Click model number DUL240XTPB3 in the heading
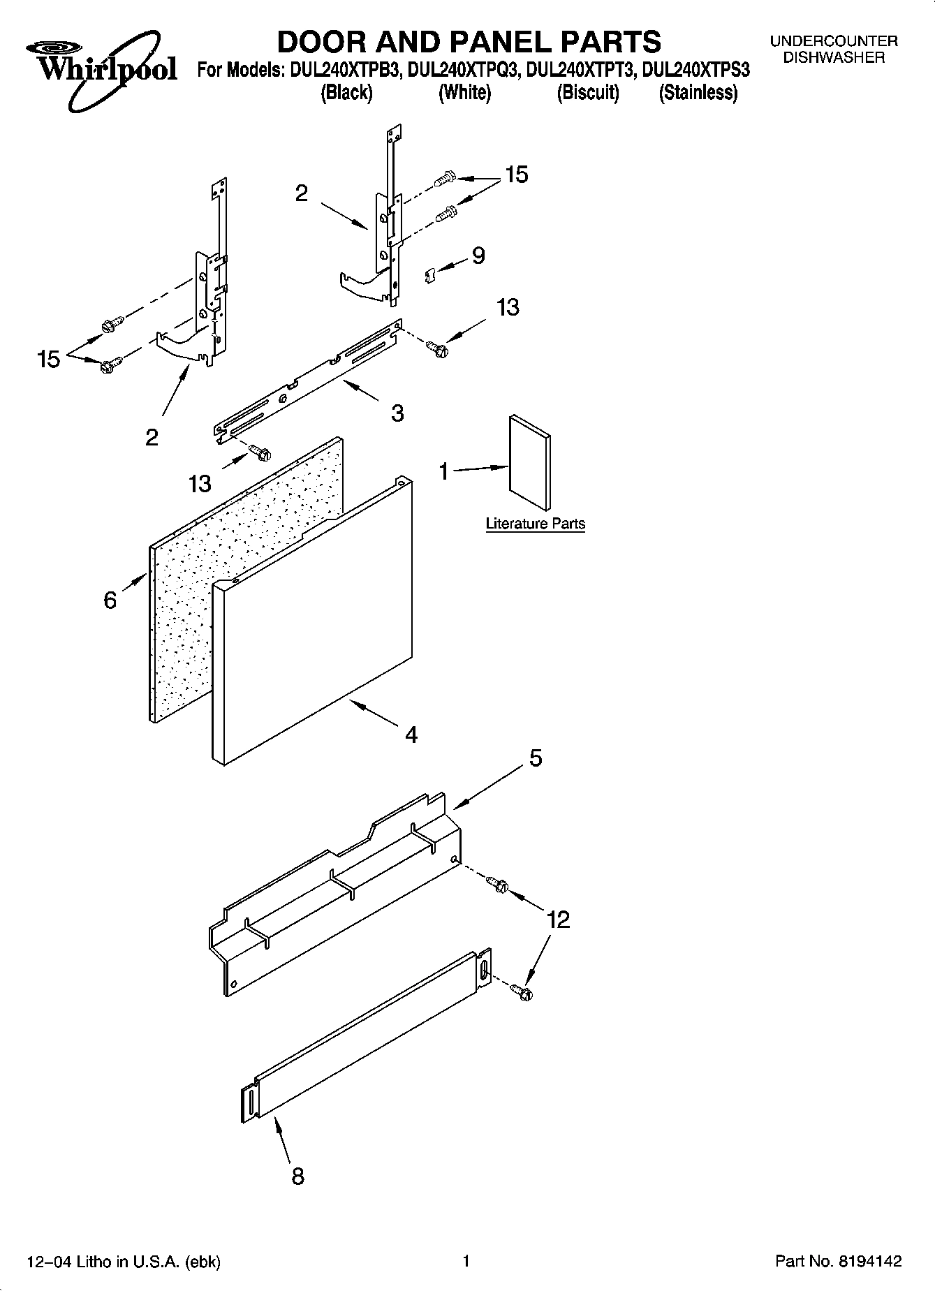[344, 70]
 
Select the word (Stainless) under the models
[698, 93]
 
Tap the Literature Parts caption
[535, 524]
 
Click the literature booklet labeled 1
[530, 463]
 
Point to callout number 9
[478, 256]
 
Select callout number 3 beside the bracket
[397, 413]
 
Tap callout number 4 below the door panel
[411, 734]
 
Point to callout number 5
[536, 758]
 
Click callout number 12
[559, 920]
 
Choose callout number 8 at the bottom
[297, 1176]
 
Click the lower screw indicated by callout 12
[522, 991]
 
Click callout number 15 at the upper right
[517, 174]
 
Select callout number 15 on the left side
[50, 360]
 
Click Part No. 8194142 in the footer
[838, 1261]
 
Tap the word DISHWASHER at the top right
[833, 58]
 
